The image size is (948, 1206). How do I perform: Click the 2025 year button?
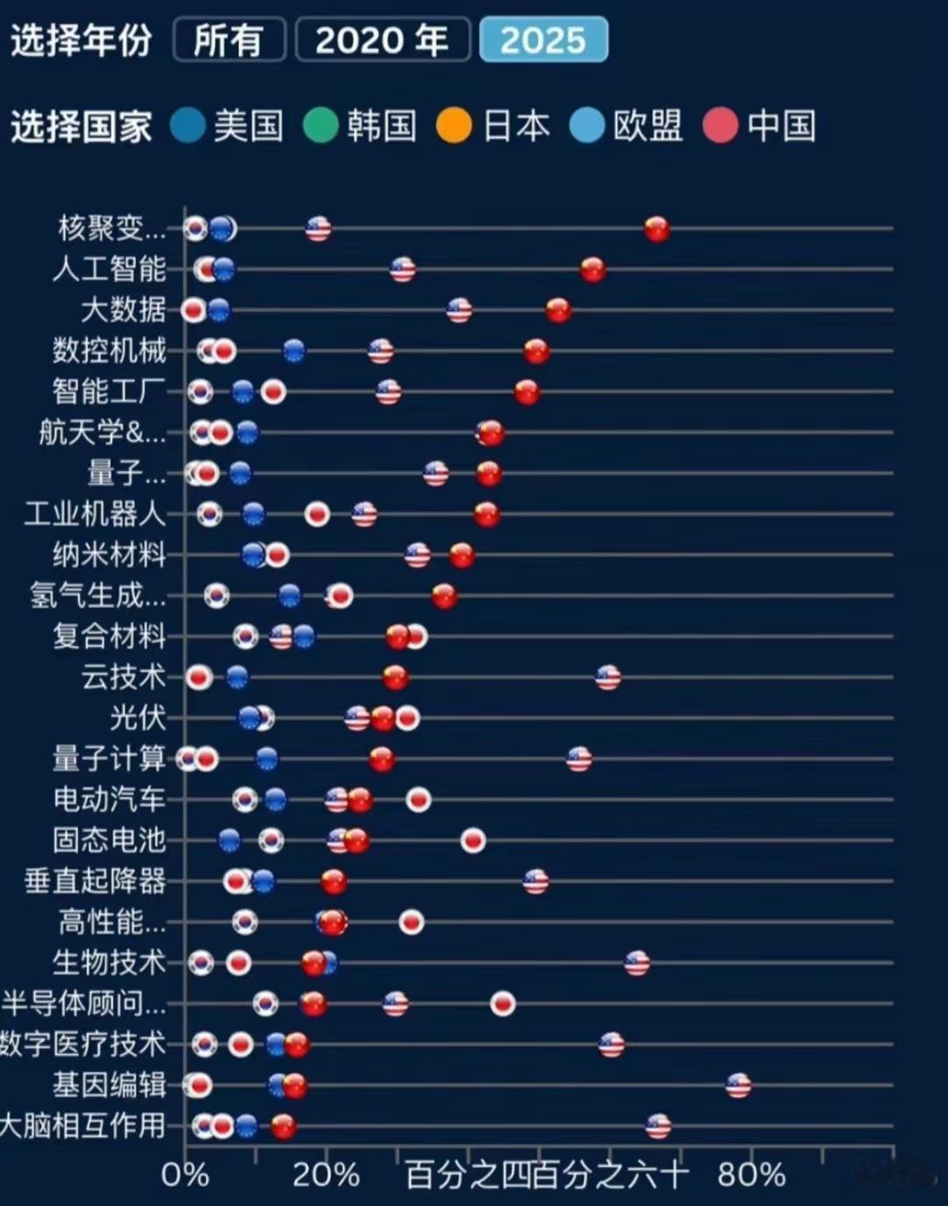[x=543, y=40]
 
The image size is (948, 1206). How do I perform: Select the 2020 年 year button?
[x=383, y=40]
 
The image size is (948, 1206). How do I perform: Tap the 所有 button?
[x=229, y=40]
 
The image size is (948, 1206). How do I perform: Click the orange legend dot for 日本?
[x=455, y=126]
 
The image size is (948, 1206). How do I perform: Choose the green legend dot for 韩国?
[x=320, y=126]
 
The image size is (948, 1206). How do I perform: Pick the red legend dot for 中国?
[x=721, y=126]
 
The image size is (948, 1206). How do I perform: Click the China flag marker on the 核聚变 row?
[x=657, y=229]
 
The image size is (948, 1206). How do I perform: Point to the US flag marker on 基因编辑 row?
[x=738, y=1086]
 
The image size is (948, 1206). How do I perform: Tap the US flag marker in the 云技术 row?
[x=608, y=678]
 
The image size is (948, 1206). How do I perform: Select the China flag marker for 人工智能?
[x=592, y=269]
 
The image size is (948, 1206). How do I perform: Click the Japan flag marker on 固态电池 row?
[x=473, y=841]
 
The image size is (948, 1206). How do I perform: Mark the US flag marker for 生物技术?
[x=637, y=963]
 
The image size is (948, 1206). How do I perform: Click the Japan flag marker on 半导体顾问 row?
[x=503, y=1004]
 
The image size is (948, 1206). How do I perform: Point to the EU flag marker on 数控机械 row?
[x=294, y=351]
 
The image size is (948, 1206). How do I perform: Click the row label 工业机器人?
[x=95, y=513]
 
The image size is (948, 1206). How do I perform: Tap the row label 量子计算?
[x=109, y=758]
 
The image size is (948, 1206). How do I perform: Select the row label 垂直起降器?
[x=95, y=880]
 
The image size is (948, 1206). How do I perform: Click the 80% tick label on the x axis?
[x=751, y=1174]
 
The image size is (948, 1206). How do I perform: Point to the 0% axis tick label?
[x=185, y=1174]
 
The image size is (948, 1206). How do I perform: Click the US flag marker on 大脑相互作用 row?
[x=658, y=1126]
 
